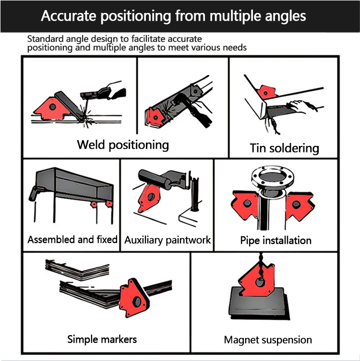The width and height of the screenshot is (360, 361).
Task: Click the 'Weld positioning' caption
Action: point(123,144)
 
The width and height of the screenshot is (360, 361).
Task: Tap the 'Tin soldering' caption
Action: point(284,147)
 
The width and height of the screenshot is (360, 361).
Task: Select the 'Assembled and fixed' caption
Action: point(72,239)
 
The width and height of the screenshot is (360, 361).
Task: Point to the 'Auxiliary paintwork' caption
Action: point(168,240)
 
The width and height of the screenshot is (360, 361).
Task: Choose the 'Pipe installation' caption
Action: point(276,240)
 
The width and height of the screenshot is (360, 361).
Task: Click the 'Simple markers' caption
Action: point(102,339)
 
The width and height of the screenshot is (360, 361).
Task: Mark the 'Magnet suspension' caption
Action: point(268,340)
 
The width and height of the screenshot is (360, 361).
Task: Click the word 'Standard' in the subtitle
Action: point(43,39)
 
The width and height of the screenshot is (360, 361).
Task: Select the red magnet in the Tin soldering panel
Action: point(265,91)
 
